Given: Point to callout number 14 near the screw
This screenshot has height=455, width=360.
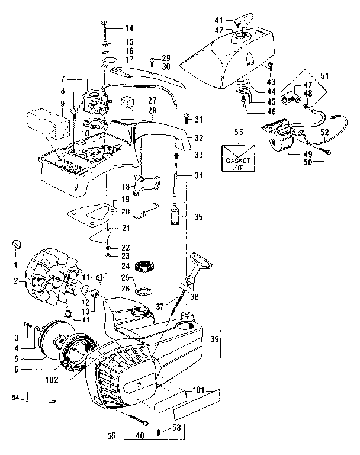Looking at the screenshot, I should coord(129,28).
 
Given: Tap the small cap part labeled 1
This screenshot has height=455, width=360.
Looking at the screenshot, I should coord(17,243).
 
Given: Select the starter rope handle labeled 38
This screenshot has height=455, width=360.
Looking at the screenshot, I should coord(198,268).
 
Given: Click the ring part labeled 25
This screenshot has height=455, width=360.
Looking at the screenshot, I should coord(142,290).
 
